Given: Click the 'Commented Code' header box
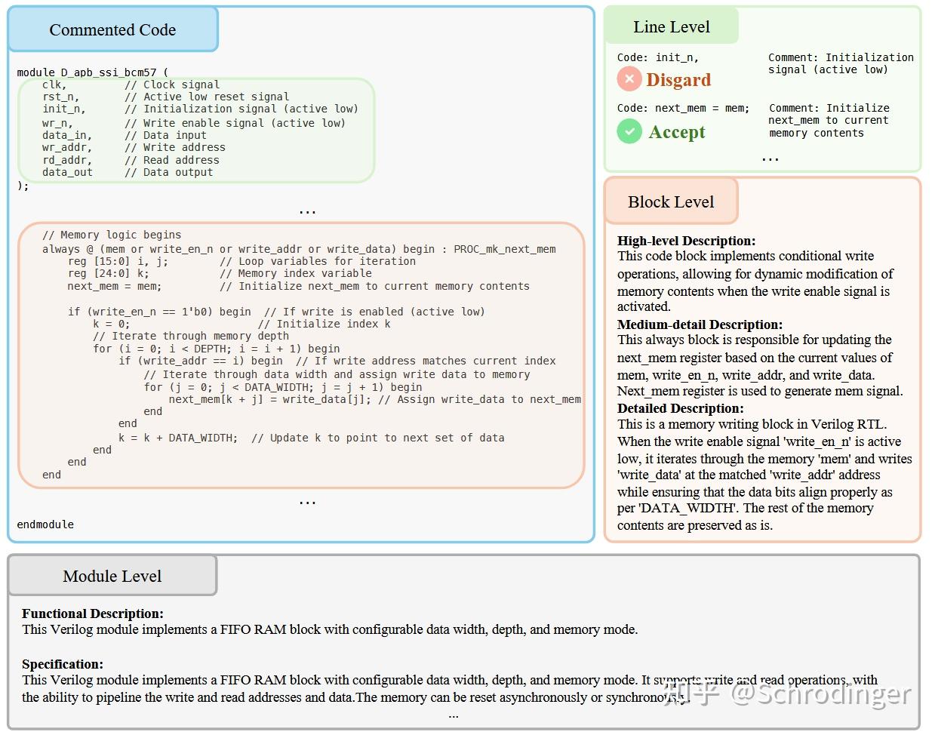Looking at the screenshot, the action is [112, 30].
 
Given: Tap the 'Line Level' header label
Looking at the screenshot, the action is [671, 27].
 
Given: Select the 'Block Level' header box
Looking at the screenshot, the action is [670, 201].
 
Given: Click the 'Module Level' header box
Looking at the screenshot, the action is [112, 576].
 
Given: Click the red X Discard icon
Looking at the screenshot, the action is [629, 79].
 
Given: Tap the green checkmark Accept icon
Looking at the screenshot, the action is [629, 131].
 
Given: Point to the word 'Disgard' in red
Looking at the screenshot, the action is [678, 80].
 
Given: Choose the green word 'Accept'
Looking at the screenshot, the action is [677, 132].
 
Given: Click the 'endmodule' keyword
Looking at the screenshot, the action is [45, 524].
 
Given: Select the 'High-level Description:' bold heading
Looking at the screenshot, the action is [686, 241].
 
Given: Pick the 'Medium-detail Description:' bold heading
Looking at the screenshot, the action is [700, 324].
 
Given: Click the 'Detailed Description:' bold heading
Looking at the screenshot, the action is [680, 408].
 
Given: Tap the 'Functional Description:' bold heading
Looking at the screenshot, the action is [92, 614].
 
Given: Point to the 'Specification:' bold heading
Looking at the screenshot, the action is [62, 664].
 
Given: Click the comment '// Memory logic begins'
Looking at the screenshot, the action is [112, 235].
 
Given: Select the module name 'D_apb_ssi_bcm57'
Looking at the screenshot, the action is [109, 72].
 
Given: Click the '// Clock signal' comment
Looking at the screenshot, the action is [172, 85].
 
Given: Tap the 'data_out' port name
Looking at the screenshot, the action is [67, 172].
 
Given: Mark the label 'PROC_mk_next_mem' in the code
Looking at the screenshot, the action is [504, 249].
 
